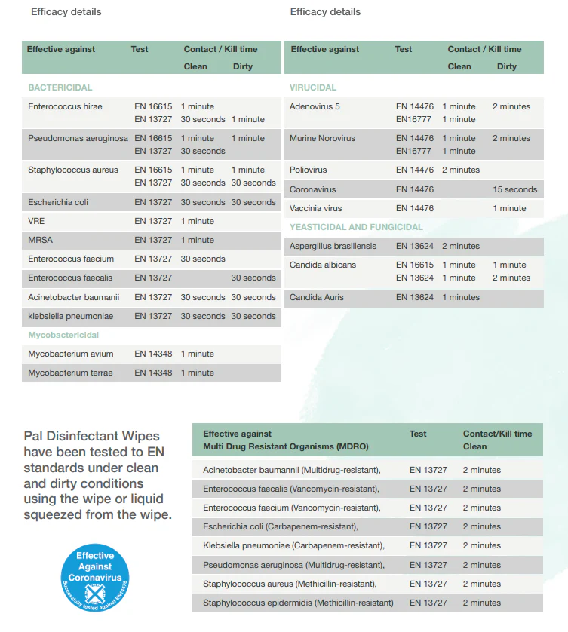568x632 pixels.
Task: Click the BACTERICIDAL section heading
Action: coord(60,87)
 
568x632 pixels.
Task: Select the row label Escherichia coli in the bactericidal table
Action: coord(58,202)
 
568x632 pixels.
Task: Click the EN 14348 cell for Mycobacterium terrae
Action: coord(153,373)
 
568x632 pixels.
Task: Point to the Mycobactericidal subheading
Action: coord(63,335)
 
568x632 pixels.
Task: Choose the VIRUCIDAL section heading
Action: coord(313,87)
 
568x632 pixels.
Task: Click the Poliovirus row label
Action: coord(309,170)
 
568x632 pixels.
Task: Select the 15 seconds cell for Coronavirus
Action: coord(515,189)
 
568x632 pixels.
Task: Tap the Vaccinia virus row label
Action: coord(315,208)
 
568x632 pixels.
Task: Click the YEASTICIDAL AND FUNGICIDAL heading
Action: coord(356,227)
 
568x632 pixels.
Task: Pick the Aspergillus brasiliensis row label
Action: coord(333,246)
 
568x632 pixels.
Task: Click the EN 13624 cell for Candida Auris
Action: coord(415,297)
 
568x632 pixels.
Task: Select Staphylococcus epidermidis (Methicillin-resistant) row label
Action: coord(298,603)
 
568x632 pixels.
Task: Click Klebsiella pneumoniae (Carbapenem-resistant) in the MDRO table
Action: coord(293,545)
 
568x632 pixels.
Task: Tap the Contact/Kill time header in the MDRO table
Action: coord(497,434)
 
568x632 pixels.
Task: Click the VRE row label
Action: coord(37,221)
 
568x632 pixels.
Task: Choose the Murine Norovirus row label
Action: coord(322,138)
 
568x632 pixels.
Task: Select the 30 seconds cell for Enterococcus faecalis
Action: coord(253,278)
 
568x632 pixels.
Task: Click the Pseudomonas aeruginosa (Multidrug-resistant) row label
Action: coord(293,565)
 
